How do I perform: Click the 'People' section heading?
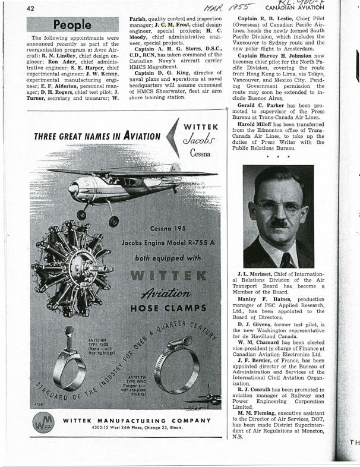72,25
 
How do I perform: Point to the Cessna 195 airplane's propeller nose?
73,190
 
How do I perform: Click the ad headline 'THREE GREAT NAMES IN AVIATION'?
97,136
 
